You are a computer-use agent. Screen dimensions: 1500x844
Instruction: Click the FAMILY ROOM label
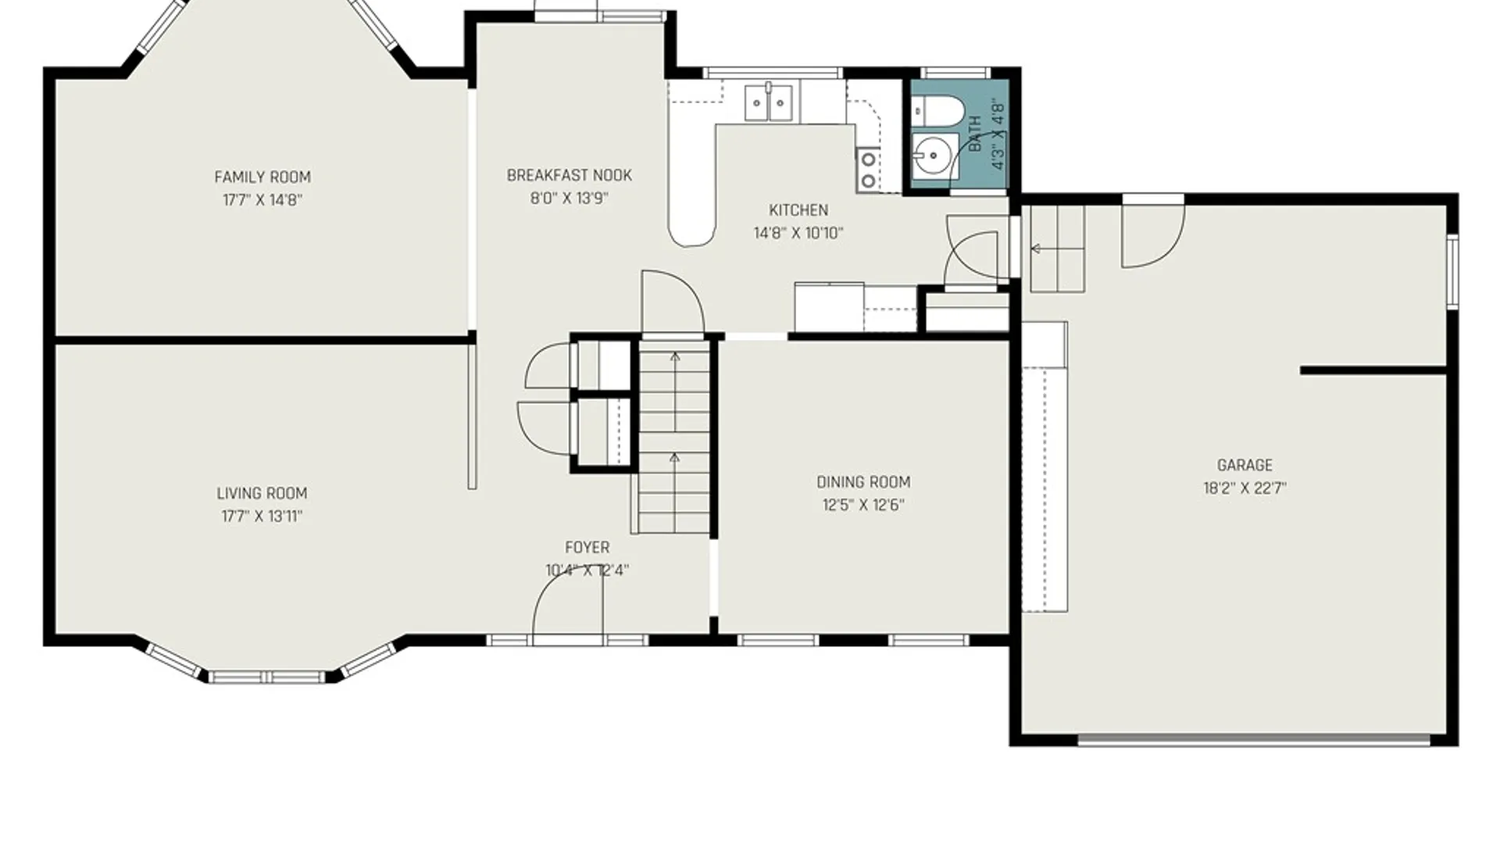(x=262, y=177)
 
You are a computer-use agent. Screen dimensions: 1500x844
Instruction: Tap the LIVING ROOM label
(x=262, y=494)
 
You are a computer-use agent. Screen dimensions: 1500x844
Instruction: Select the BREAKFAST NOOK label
(x=570, y=176)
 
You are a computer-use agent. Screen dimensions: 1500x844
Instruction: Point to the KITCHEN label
(x=798, y=210)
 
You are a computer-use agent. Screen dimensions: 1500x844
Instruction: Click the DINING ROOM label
(x=863, y=482)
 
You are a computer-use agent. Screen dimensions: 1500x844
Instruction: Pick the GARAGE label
(x=1245, y=466)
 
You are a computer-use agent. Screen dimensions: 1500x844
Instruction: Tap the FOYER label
(x=587, y=548)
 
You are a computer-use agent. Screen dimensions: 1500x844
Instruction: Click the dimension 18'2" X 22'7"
(x=1245, y=488)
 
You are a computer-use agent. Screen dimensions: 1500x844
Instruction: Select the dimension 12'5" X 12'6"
(x=863, y=505)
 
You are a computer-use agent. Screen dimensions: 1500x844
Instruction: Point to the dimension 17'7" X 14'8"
(x=262, y=200)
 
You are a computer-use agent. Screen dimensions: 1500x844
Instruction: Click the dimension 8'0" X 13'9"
(x=570, y=198)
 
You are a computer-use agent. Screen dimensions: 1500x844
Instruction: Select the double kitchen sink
(x=769, y=102)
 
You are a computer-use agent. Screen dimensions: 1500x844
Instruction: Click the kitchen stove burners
(x=867, y=170)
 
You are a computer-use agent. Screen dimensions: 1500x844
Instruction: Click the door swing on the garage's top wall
(x=1153, y=234)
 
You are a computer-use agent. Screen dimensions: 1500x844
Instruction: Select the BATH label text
(x=975, y=134)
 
